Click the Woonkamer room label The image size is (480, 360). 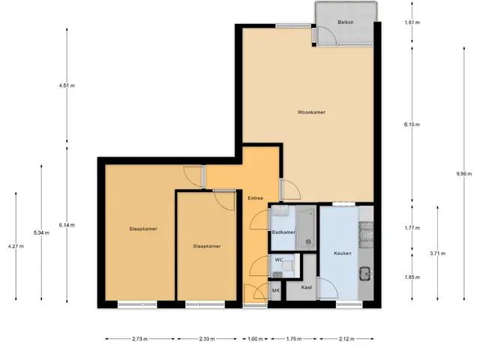click(311, 112)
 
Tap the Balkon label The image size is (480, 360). click(346, 22)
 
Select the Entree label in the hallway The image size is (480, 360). click(255, 198)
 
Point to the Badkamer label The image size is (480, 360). click(283, 232)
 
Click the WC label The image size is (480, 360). click(279, 260)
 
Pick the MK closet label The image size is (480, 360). click(276, 290)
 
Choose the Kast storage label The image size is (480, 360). click(307, 287)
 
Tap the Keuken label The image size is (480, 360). click(343, 253)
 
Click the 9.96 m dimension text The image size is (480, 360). click(464, 174)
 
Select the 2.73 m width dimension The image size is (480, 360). click(140, 339)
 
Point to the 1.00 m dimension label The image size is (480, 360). click(255, 339)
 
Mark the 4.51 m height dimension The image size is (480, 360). click(67, 85)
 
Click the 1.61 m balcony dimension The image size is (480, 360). click(412, 22)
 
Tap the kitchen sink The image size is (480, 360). click(365, 274)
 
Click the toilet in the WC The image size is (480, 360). click(288, 265)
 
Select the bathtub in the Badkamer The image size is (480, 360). click(307, 228)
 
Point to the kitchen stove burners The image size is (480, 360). click(366, 235)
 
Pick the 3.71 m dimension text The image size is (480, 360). click(437, 253)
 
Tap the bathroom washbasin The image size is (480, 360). click(280, 211)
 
